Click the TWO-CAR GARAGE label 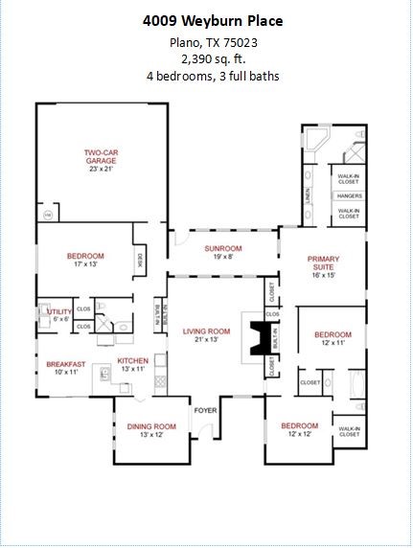(x=100, y=156)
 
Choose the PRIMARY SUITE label (x=324, y=263)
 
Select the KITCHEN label (x=133, y=361)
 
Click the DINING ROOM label (x=151, y=426)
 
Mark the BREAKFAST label (x=65, y=364)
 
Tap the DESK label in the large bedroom (x=140, y=258)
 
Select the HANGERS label (x=348, y=195)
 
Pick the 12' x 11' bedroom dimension (x=333, y=343)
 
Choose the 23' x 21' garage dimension (x=100, y=170)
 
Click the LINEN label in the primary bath (x=308, y=194)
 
